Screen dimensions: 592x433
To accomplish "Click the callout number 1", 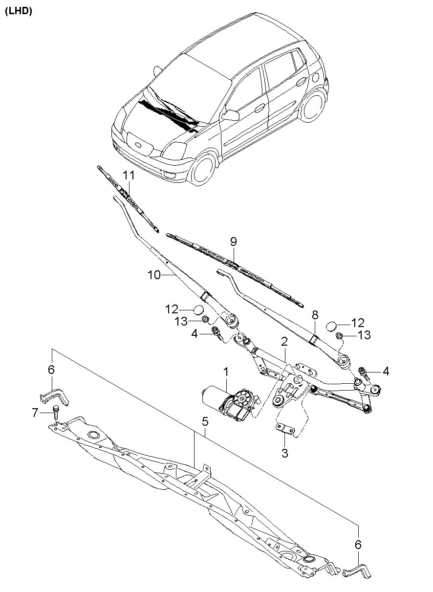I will [x=226, y=373].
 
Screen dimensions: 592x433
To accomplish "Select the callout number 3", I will [x=284, y=453].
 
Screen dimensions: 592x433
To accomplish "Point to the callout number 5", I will [x=205, y=420].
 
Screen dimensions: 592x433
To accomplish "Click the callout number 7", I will [x=35, y=413].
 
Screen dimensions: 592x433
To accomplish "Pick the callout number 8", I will [x=315, y=314].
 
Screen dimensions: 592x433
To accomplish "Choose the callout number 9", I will [x=233, y=241].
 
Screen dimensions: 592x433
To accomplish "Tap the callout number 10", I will [x=154, y=275].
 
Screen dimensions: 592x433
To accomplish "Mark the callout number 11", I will [x=128, y=175].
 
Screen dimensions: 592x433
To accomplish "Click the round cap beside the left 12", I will [x=198, y=309].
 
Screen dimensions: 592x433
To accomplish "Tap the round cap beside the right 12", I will [x=331, y=326].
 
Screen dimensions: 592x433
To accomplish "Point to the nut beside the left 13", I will [x=206, y=320].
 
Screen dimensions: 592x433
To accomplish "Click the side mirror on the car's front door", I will [x=231, y=115].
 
